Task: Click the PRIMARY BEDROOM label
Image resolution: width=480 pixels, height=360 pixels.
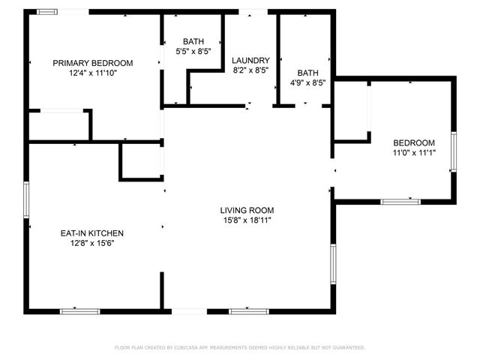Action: [92, 63]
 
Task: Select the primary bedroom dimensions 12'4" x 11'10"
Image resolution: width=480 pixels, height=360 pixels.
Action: [92, 73]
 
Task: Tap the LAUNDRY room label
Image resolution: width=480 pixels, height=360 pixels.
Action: [250, 61]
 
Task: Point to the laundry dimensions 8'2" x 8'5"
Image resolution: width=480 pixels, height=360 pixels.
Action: [250, 70]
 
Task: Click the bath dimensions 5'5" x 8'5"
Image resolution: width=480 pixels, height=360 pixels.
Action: [193, 52]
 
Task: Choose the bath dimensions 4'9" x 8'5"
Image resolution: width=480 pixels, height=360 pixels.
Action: [307, 83]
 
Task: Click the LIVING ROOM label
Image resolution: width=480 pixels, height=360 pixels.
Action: [247, 211]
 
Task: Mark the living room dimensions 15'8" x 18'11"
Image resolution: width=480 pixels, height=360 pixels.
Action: [247, 220]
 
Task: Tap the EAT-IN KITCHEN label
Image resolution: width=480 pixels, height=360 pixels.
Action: [92, 233]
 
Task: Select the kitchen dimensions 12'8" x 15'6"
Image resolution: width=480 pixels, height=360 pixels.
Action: [92, 243]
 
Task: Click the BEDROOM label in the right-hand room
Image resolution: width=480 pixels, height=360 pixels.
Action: [414, 143]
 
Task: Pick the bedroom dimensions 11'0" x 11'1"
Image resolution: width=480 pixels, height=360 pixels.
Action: [414, 153]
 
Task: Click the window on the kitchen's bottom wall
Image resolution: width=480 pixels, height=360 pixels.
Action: [79, 310]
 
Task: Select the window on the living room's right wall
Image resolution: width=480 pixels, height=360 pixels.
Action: [333, 262]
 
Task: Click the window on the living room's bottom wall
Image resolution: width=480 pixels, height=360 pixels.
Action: [249, 310]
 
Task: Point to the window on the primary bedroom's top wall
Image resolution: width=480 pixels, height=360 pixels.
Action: [49, 12]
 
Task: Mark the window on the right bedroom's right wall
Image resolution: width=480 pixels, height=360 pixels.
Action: [453, 153]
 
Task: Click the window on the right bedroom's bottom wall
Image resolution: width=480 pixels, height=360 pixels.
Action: [400, 201]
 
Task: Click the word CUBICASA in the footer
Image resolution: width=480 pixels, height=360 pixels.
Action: [193, 348]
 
